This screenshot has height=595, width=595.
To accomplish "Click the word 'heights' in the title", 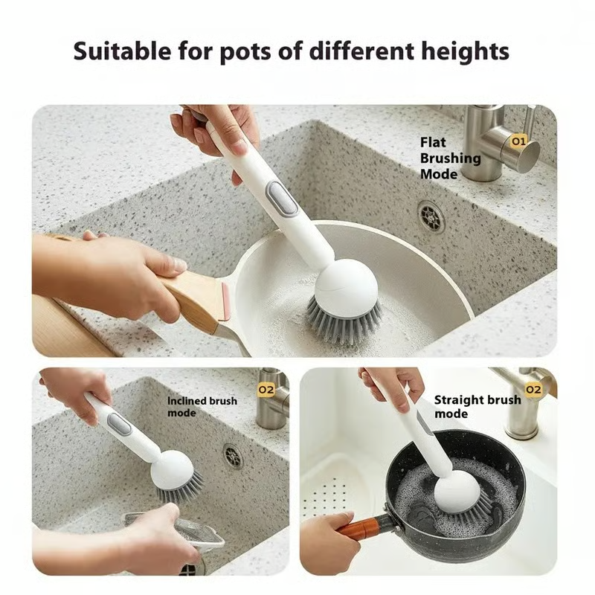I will click(x=461, y=51).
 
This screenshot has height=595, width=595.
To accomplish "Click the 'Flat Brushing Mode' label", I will click(x=450, y=157).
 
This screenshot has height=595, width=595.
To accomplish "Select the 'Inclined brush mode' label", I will click(x=202, y=406).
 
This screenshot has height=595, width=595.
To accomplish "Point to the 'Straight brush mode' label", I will click(x=477, y=406).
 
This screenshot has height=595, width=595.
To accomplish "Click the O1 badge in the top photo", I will click(x=518, y=140).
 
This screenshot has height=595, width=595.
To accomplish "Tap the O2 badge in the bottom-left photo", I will click(x=266, y=388).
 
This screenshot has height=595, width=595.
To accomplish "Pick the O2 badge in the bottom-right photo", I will click(x=533, y=389).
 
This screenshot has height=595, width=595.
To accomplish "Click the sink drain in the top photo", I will click(x=431, y=216).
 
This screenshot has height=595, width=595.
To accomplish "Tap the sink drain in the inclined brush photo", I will click(x=233, y=456).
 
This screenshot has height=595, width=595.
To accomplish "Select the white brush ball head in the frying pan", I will click(x=346, y=282).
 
